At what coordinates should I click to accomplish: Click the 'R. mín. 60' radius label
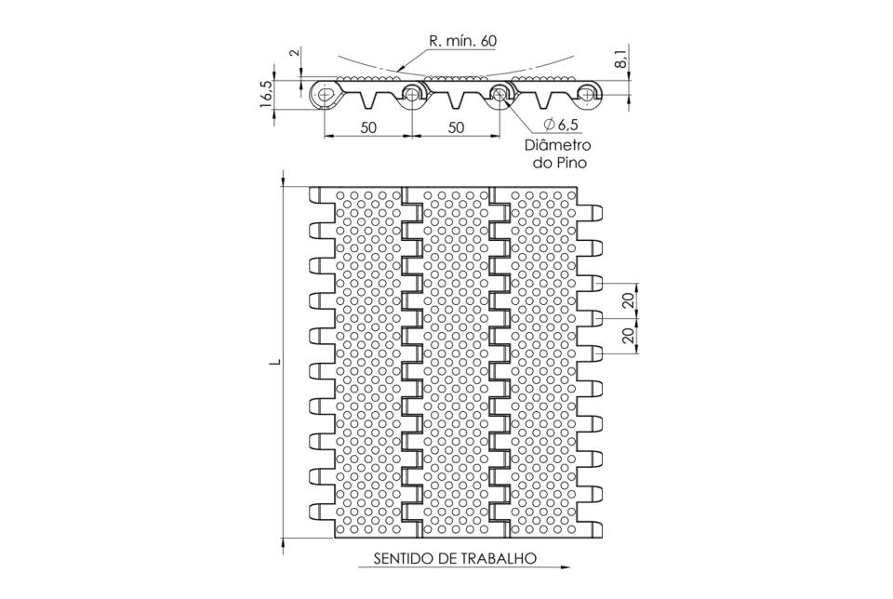(x=462, y=41)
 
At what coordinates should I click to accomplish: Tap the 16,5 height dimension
(x=267, y=93)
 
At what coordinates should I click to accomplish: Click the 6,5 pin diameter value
(x=567, y=124)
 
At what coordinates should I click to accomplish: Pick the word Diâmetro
(x=557, y=144)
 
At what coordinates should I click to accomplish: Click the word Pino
(x=572, y=163)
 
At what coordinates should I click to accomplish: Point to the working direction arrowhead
(x=565, y=567)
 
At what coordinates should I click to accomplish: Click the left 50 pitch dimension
(x=368, y=127)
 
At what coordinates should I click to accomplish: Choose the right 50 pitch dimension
(x=456, y=127)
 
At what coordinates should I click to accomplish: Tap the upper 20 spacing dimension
(x=628, y=300)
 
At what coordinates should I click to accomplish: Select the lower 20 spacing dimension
(x=628, y=335)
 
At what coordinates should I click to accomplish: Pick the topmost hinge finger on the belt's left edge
(x=322, y=194)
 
